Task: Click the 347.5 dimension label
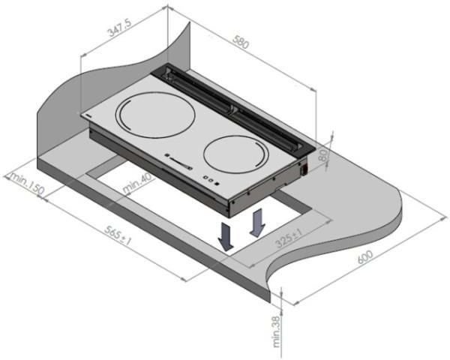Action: (119, 28)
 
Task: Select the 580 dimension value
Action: (240, 42)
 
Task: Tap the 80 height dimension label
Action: (323, 156)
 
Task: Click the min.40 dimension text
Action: (137, 184)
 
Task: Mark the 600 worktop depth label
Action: (365, 257)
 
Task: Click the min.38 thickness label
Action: (276, 331)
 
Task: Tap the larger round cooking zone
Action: (155, 115)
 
